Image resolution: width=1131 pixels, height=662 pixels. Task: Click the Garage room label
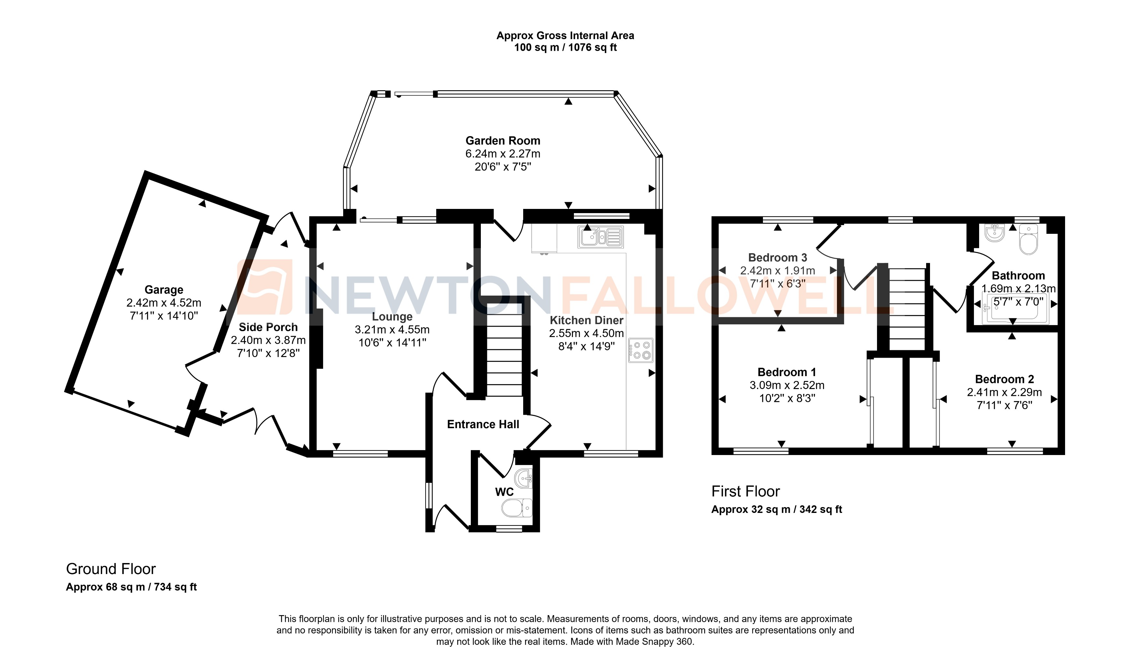click(164, 290)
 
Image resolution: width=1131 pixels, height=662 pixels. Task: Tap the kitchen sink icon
click(600, 237)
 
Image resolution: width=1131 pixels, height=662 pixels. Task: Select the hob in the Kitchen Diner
click(640, 350)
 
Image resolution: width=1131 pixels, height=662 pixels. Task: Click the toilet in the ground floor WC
click(516, 508)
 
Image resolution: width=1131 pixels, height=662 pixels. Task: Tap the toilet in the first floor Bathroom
click(1028, 241)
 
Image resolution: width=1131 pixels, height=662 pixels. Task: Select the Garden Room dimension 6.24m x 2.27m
click(503, 154)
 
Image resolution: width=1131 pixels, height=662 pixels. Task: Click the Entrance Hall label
click(483, 424)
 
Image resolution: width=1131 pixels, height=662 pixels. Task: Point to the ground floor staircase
click(504, 355)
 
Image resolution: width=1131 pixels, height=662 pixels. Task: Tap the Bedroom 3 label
click(777, 258)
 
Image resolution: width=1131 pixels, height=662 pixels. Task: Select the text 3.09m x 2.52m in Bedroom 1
click(787, 385)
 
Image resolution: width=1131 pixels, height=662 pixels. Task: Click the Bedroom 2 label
click(1004, 379)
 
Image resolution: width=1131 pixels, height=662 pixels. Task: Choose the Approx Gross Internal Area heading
click(565, 36)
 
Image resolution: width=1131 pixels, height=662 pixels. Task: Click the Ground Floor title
click(111, 569)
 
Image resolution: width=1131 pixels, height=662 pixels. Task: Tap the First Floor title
click(745, 491)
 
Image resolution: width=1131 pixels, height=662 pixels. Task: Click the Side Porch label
click(268, 327)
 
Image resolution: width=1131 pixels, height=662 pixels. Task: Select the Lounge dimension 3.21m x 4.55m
click(392, 329)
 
